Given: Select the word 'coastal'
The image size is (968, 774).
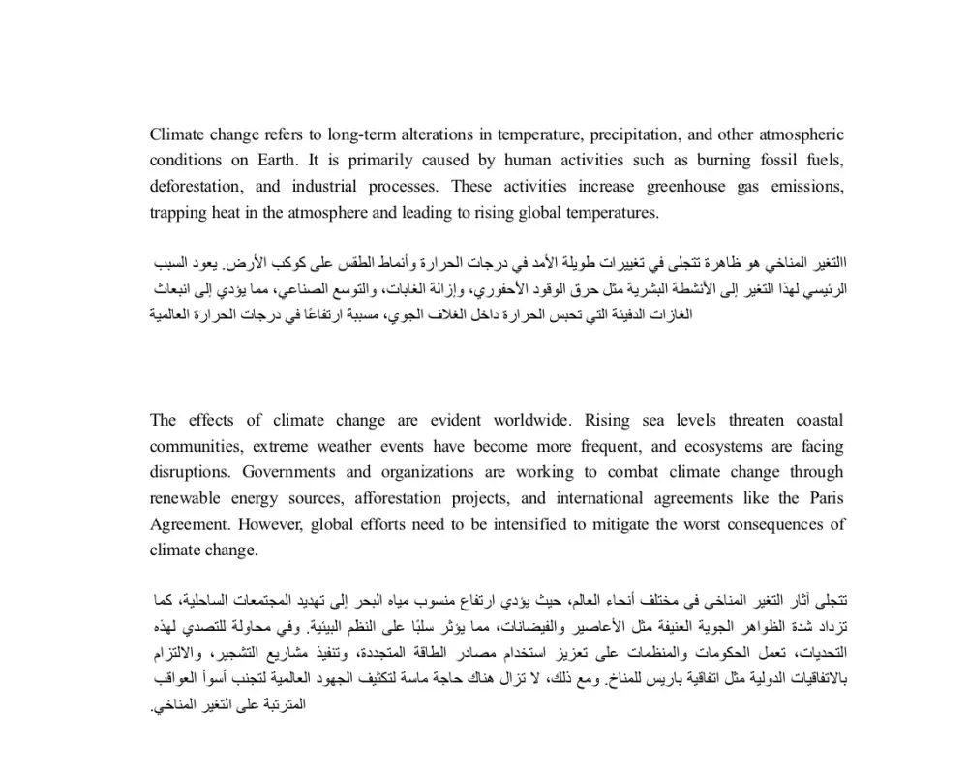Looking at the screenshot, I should pos(819,421).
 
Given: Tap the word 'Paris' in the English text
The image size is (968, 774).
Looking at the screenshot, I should pos(824,499).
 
